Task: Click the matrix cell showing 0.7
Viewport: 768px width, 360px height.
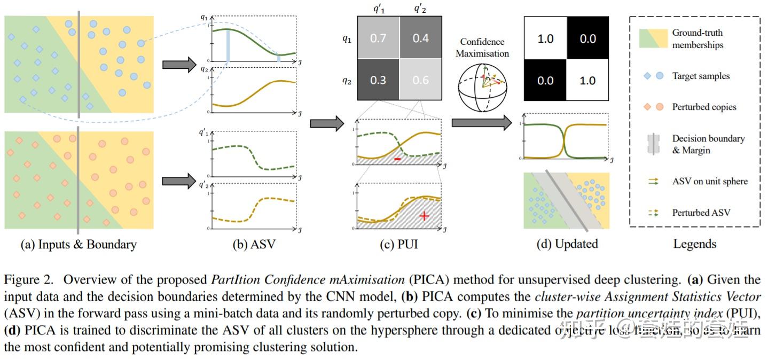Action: coord(378,38)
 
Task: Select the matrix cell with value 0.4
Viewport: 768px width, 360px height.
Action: coord(420,38)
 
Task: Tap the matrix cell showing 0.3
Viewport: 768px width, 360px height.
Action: coord(378,80)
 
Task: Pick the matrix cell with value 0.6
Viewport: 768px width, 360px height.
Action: coord(420,80)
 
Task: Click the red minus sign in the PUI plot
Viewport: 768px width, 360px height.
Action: coord(397,159)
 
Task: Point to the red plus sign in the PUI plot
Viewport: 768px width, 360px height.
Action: coord(424,216)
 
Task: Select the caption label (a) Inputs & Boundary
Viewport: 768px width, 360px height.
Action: coord(79,245)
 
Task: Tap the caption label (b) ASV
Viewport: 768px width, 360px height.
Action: coord(250,245)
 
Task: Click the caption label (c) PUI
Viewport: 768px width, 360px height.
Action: coord(398,245)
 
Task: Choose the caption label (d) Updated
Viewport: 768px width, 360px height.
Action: coord(567,244)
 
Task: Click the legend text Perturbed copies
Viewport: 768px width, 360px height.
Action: coord(704,107)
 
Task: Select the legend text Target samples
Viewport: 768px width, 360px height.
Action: coord(701,76)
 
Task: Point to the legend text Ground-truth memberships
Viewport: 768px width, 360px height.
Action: coord(698,38)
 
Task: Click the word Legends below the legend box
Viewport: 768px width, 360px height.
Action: coord(694,244)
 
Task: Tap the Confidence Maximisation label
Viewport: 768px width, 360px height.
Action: coord(484,47)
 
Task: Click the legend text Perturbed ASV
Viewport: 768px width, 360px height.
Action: coord(701,213)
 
